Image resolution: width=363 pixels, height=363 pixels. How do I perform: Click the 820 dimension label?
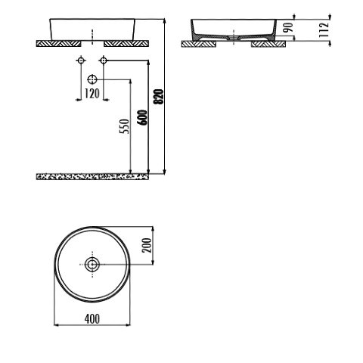159,97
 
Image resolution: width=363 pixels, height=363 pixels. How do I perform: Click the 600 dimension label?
142,117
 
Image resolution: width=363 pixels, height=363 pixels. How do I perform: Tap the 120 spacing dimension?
92,94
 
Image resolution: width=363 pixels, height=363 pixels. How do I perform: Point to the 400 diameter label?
92,318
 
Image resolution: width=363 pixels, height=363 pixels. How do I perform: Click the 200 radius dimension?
147,245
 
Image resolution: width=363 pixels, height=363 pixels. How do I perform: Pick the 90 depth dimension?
288,27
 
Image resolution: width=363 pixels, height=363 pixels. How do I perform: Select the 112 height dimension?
324,30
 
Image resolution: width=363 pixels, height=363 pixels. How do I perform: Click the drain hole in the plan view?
92,265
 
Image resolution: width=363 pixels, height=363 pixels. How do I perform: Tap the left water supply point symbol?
81,60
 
